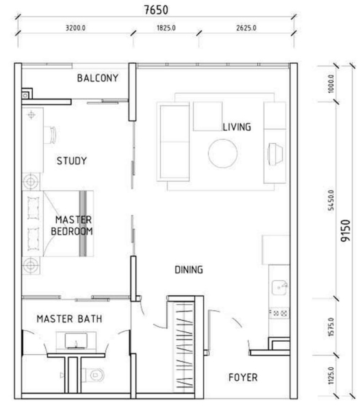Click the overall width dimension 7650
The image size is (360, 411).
[x=156, y=10]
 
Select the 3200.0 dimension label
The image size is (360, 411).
[x=75, y=28]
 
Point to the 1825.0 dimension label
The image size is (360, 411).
[x=166, y=28]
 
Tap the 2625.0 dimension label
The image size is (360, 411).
[x=246, y=28]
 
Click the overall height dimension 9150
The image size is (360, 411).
[x=346, y=231]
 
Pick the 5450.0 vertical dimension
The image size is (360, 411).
[x=331, y=200]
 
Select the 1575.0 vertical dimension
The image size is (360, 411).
[x=331, y=327]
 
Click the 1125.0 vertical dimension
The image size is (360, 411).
[x=331, y=375]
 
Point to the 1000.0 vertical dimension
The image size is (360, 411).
[x=331, y=84]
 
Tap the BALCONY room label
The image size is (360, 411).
[x=98, y=78]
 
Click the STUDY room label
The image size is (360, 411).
[x=72, y=161]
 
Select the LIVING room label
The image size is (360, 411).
[x=237, y=127]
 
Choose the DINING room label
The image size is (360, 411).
[x=189, y=270]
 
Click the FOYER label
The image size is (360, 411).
[x=243, y=377]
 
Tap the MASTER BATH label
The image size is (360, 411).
[x=69, y=319]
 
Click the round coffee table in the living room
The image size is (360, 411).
[x=223, y=153]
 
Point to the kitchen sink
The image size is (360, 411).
[x=280, y=288]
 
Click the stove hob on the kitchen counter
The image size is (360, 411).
[x=279, y=313]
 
